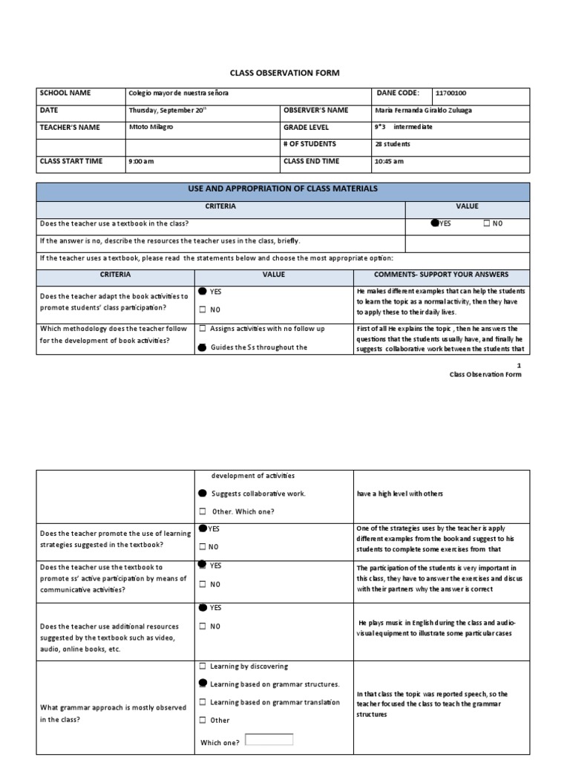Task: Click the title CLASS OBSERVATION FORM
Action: click(284, 73)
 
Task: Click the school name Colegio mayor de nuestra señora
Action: click(178, 94)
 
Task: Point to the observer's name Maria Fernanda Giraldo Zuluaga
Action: click(423, 111)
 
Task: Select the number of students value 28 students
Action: click(393, 145)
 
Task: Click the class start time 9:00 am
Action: click(141, 162)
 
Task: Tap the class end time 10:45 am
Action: click(390, 162)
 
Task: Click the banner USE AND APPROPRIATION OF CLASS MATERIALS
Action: click(284, 189)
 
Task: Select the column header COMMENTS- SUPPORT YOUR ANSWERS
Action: click(442, 275)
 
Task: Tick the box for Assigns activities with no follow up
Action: click(203, 328)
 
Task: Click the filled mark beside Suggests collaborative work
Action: click(203, 494)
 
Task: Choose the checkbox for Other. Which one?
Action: click(203, 511)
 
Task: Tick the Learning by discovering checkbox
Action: click(203, 666)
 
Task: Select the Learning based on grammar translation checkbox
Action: click(203, 702)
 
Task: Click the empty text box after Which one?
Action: click(269, 739)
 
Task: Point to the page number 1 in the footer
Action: click(520, 366)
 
